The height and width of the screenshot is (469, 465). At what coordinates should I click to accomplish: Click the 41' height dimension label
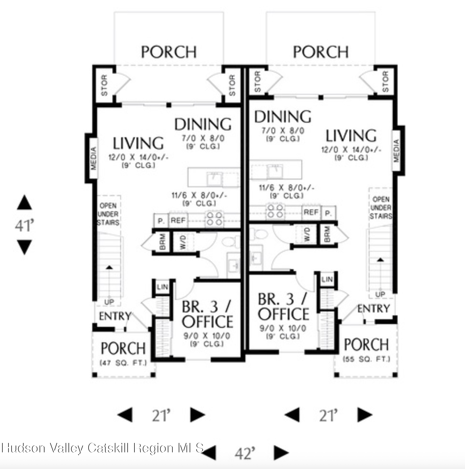pos(25,225)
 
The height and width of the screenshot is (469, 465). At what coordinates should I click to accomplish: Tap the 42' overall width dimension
pos(245,454)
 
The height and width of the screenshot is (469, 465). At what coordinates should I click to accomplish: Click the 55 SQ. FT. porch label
pos(366,359)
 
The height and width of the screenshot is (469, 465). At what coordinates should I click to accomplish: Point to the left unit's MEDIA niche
pos(93,158)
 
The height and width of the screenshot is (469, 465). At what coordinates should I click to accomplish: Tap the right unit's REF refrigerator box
pos(311,212)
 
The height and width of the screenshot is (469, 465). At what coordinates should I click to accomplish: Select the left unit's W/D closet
pos(183,242)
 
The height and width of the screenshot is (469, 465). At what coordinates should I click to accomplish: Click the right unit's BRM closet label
pos(327,234)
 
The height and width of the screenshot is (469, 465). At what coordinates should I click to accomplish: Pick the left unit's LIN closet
pos(162,287)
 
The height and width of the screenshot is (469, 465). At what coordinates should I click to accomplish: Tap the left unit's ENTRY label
pos(115,316)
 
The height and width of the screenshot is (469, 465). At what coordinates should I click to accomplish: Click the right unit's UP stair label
pos(380,294)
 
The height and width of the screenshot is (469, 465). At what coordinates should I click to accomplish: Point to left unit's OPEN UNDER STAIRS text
pos(108,214)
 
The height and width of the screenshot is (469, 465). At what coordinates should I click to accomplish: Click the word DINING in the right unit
pos(283,117)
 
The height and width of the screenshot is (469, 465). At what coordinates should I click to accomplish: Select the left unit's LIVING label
pos(138,143)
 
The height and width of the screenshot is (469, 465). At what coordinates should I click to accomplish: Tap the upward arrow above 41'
pos(25,203)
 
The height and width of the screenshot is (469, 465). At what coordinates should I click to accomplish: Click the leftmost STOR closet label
pos(104,85)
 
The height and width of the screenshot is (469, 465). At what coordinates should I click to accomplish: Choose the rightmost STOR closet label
pos(385,82)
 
